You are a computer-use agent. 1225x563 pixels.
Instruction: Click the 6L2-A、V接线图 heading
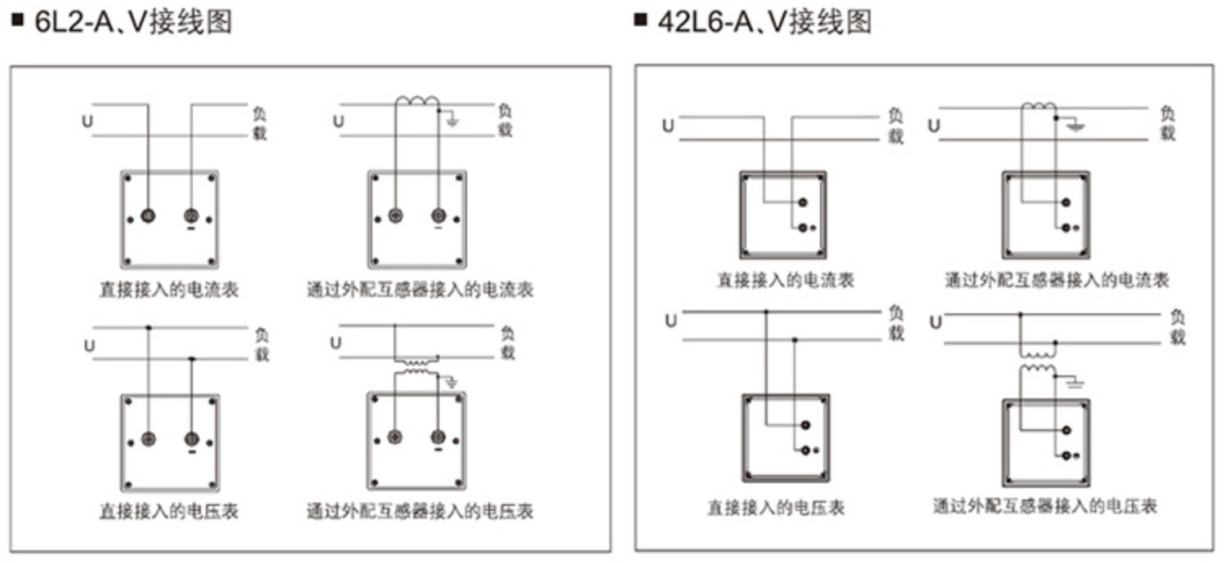[134, 22]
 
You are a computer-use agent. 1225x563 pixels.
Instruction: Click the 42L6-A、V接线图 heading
[765, 22]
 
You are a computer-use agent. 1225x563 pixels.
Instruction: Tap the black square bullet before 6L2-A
[18, 20]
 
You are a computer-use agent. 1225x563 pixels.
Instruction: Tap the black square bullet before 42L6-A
[640, 20]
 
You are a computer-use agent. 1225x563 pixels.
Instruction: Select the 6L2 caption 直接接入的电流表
[169, 290]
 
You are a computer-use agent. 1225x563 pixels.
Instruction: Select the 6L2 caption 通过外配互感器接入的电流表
[420, 290]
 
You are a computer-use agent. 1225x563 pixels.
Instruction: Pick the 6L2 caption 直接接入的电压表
[169, 512]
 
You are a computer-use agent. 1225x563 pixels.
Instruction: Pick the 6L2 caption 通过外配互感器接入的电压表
[420, 512]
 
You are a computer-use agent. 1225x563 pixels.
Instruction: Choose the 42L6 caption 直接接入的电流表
[786, 281]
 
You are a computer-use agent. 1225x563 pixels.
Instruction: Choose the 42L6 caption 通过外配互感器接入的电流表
[1057, 281]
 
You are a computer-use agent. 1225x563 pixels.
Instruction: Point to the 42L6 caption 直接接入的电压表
[777, 508]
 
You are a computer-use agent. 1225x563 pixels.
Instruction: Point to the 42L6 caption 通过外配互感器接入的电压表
[1045, 507]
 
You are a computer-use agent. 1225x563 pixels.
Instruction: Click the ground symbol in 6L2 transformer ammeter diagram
[452, 120]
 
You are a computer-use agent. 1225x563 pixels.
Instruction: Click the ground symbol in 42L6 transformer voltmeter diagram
[1076, 383]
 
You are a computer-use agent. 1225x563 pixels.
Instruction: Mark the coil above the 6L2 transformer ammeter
[417, 101]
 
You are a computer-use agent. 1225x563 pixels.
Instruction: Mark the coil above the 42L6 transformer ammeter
[1039, 105]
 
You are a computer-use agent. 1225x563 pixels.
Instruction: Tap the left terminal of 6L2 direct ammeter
[148, 215]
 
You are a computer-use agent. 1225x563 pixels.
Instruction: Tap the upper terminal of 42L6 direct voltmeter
[805, 425]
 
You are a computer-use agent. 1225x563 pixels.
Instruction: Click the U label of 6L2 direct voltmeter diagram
[90, 346]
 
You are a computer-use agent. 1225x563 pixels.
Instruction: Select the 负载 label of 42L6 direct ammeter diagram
[895, 126]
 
